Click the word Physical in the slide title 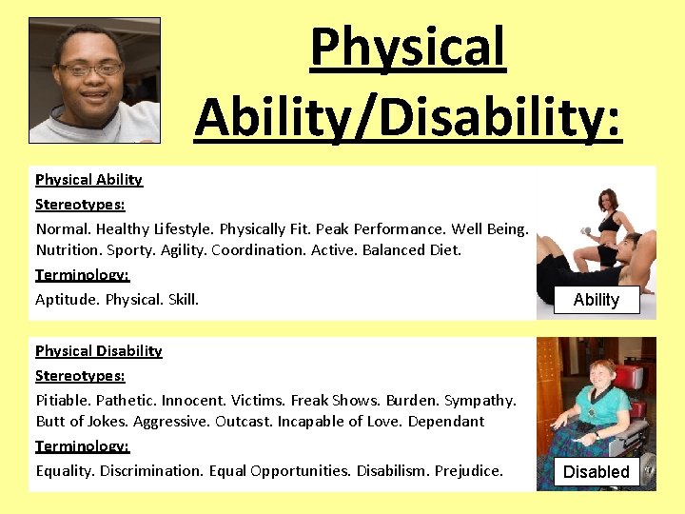pyautogui.click(x=407, y=48)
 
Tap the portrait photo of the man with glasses pyautogui.click(x=94, y=80)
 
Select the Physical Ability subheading pyautogui.click(x=88, y=179)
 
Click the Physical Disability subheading pyautogui.click(x=98, y=350)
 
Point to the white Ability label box pyautogui.click(x=597, y=300)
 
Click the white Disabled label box pyautogui.click(x=597, y=471)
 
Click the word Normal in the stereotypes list pyautogui.click(x=62, y=228)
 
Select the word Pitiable pyautogui.click(x=63, y=400)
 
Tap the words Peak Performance pyautogui.click(x=381, y=228)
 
